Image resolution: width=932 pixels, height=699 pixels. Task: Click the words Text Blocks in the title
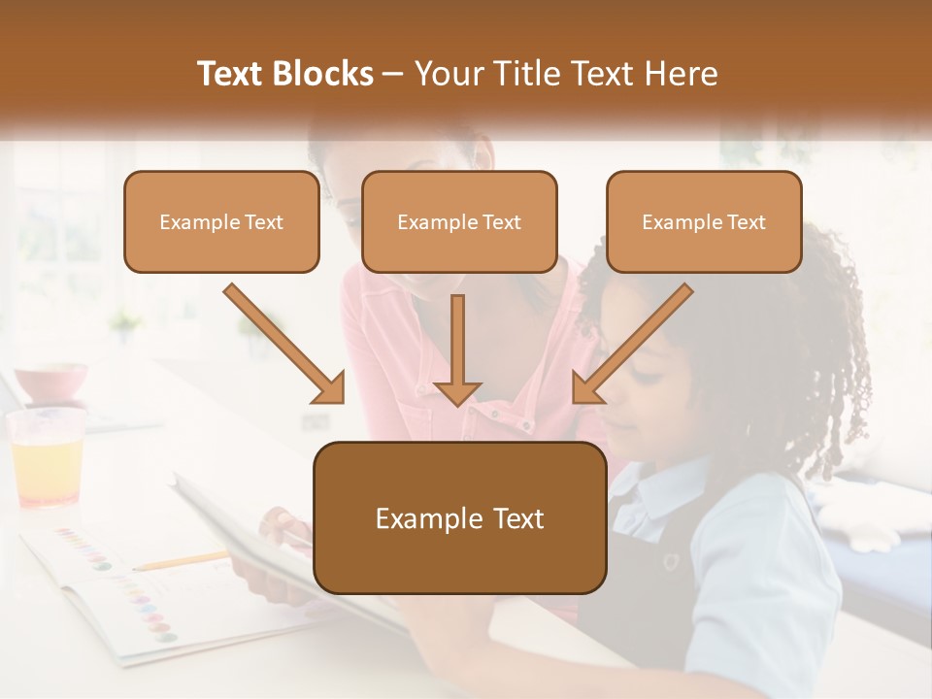click(284, 74)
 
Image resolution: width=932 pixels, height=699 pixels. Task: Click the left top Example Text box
click(221, 222)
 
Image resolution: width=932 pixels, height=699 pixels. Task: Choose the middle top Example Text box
click(459, 222)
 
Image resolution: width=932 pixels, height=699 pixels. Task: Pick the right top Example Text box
click(704, 222)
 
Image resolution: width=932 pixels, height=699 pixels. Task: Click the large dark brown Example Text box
click(459, 518)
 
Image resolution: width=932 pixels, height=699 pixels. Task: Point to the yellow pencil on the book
click(179, 561)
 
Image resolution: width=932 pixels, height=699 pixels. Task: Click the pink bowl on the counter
click(50, 381)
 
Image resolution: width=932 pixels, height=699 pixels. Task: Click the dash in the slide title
click(393, 74)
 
